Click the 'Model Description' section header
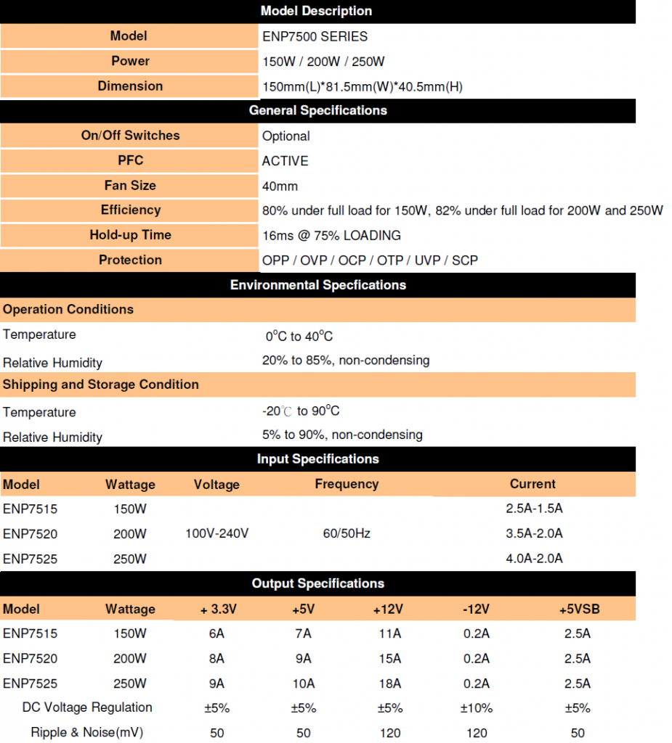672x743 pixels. point(316,11)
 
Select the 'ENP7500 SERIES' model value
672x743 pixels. point(315,36)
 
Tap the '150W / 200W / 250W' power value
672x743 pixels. point(323,62)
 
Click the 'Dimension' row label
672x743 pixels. point(130,86)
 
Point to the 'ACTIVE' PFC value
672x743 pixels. point(285,161)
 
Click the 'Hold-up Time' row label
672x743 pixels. point(130,235)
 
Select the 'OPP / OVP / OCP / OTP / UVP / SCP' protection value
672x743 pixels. point(370,260)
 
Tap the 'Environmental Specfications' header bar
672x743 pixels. point(317,285)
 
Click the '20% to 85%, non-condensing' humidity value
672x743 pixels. point(345,360)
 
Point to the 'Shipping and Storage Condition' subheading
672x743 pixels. point(101,385)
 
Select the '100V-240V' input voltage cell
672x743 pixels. point(217,534)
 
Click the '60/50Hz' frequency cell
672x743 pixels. point(347,534)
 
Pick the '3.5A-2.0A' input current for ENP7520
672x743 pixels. point(534,534)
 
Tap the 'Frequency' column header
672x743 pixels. point(347,484)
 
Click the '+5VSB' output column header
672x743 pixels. point(578,609)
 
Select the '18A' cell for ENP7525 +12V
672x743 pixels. point(389,684)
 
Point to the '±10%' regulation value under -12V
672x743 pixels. point(477,708)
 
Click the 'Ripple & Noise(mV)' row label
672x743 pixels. point(87,733)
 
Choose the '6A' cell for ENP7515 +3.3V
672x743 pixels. point(216,633)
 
